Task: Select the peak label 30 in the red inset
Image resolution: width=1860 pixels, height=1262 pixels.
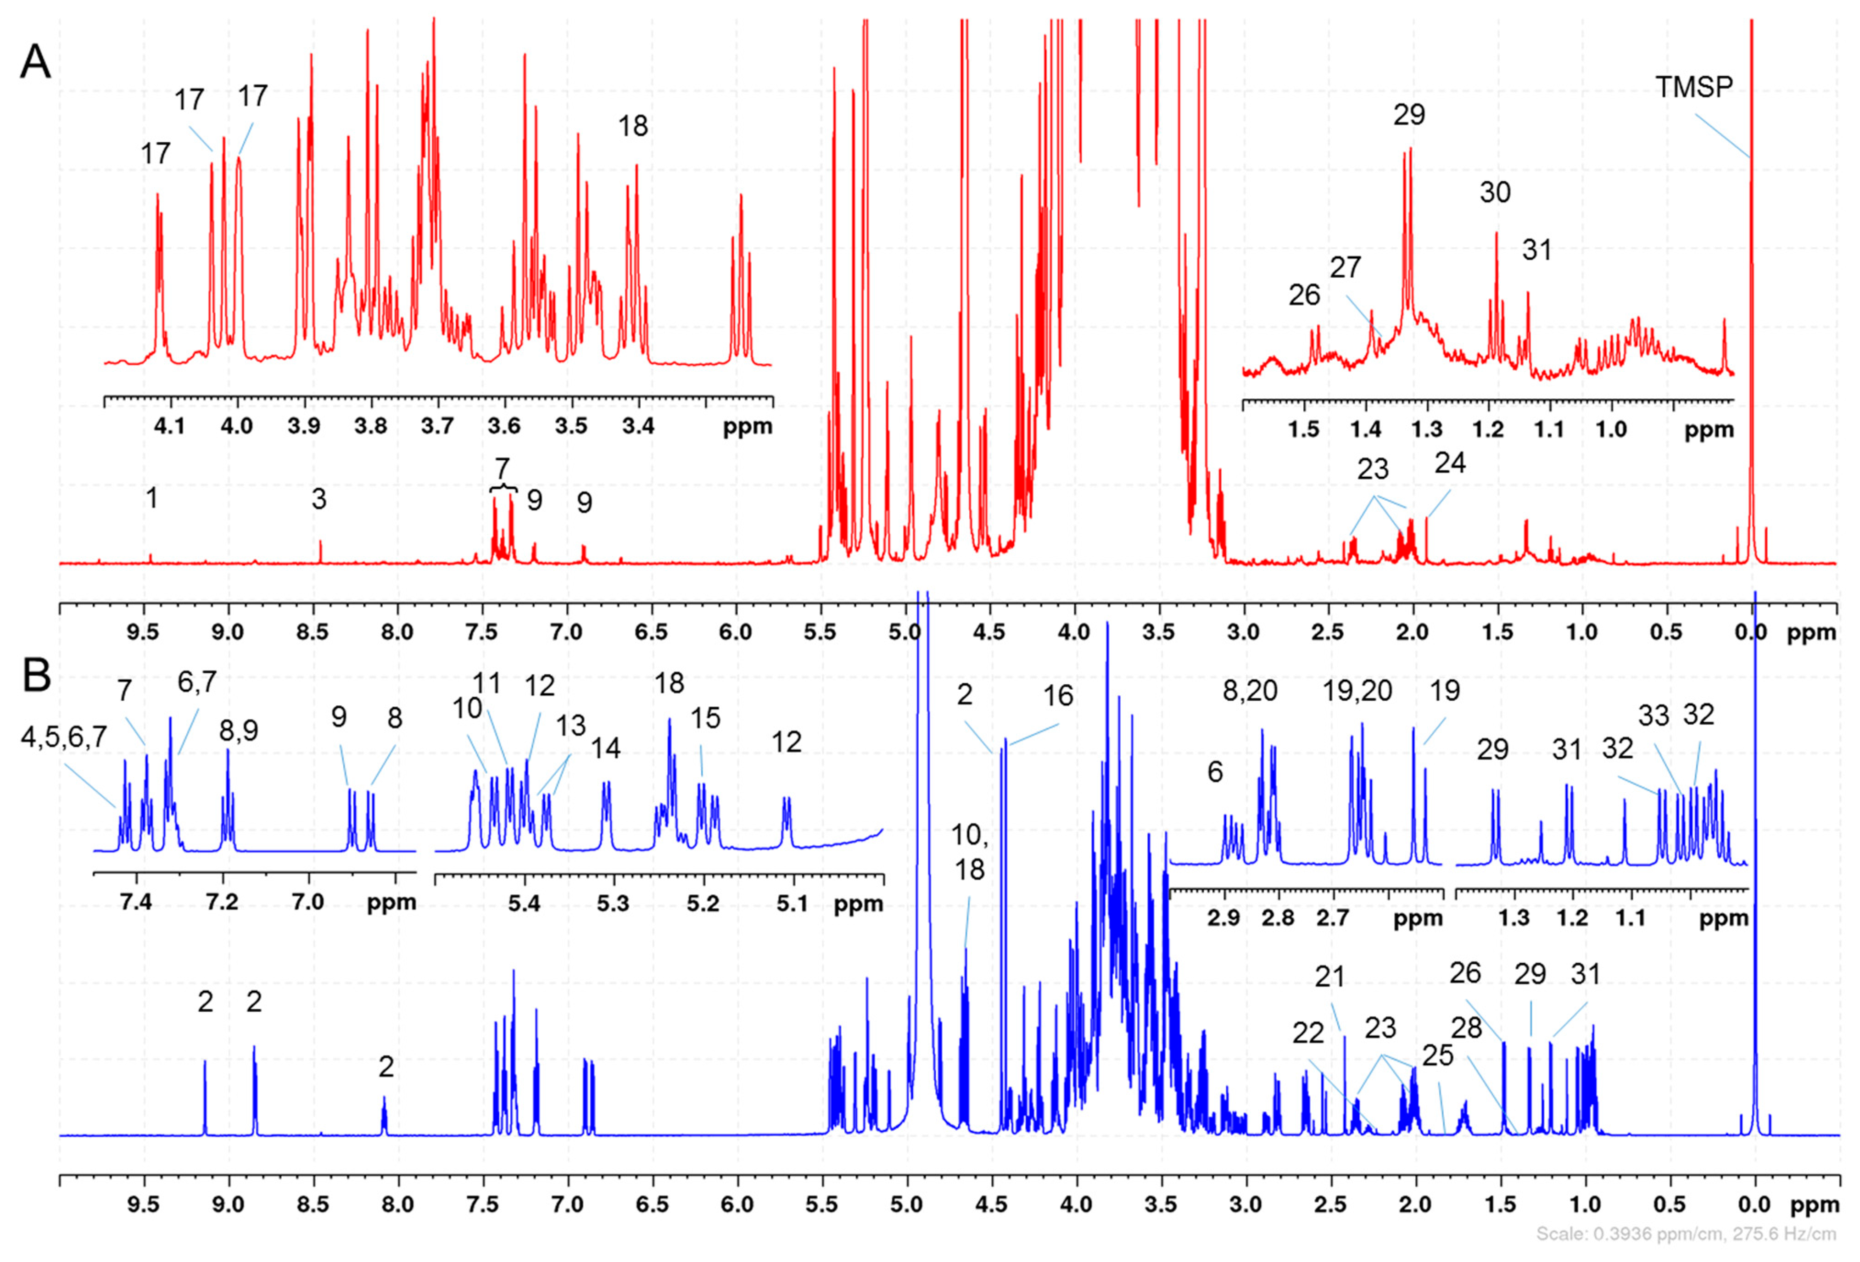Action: tap(1494, 192)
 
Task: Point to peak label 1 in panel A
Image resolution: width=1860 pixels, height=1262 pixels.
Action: tap(151, 498)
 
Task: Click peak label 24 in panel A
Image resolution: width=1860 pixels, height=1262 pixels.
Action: tap(1449, 463)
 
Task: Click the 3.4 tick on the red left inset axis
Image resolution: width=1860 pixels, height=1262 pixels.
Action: tap(638, 426)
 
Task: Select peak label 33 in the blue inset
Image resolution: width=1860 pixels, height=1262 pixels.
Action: tap(1653, 715)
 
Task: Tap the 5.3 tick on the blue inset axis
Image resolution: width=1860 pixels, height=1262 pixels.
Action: tap(613, 905)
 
